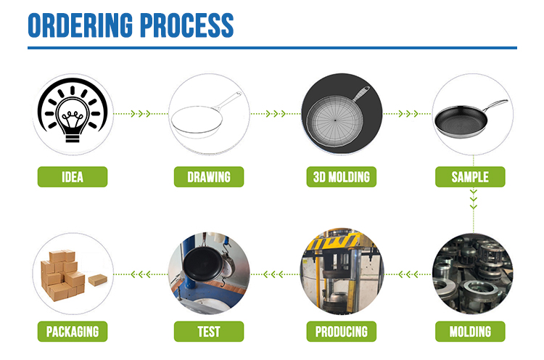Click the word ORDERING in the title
pos(80,25)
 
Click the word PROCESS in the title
pos(187,25)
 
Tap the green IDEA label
pos(73,176)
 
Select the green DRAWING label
pos(209,176)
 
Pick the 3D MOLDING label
pos(342,176)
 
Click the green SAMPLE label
pos(470,176)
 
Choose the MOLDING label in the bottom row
pos(470,332)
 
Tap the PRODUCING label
pos(342,332)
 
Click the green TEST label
pos(209,332)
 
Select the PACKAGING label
pos(73,332)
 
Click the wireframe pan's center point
pos(335,120)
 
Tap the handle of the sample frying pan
pos(495,105)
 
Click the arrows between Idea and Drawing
pos(141,113)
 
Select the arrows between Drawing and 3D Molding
pos(276,113)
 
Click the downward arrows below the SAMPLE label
pos(473,199)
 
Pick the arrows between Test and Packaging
pos(141,274)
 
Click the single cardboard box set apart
pos(98,280)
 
